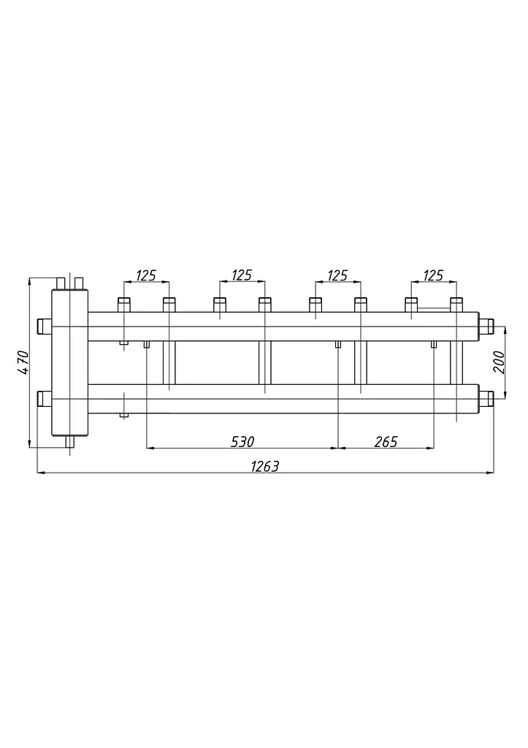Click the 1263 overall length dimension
coord(264,465)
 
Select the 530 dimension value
coord(242,442)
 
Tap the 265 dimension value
coord(386,442)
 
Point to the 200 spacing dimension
coord(499,362)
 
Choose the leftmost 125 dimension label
coord(146,275)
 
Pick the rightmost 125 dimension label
coord(433,275)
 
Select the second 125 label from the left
coord(242,275)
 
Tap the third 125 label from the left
coord(337,275)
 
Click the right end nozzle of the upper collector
coord(486,327)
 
